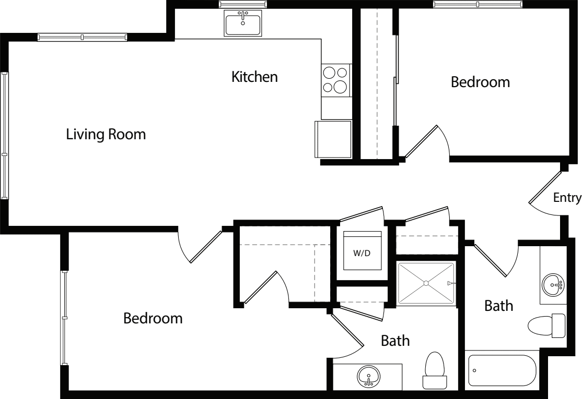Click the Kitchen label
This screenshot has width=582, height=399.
[x=254, y=77]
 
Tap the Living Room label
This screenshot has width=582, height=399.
[x=106, y=135]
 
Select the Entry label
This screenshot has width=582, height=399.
[x=567, y=198]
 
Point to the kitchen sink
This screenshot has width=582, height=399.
[x=243, y=24]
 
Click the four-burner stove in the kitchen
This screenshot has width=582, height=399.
[x=335, y=80]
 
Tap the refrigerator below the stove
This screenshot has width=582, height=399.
[x=333, y=139]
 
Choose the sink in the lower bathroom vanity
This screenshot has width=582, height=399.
[x=369, y=376]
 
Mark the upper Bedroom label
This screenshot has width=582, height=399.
[x=480, y=82]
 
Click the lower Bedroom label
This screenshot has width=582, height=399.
[x=153, y=318]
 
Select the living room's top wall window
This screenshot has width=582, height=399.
[x=82, y=37]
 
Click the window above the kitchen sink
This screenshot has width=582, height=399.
[x=243, y=4]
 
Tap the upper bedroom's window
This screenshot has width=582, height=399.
[x=478, y=4]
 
